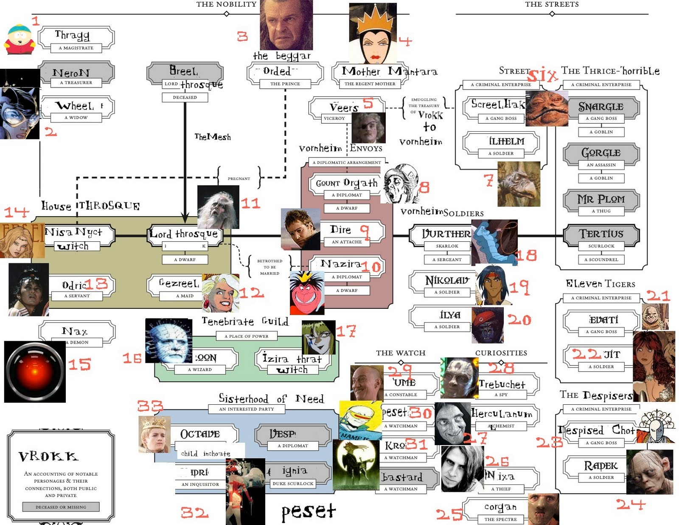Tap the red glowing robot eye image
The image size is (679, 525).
pos(35,372)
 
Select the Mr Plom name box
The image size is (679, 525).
pos(601,199)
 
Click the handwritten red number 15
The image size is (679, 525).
pos(80,364)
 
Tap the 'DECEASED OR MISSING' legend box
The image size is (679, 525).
pos(61,507)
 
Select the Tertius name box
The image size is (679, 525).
pos(601,234)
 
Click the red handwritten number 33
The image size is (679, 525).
pos(150,406)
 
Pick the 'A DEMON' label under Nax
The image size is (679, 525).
pos(79,342)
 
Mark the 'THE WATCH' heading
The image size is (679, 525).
pos(400,353)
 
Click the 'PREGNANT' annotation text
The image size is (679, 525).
pos(238,178)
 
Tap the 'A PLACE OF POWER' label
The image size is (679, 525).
pos(249,336)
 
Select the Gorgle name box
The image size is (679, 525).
pos(601,153)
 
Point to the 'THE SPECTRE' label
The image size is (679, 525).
pos(500,519)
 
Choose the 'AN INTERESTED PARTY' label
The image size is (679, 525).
pos(246,409)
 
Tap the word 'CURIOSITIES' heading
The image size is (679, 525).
pos(501,353)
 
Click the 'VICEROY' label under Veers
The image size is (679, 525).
pos(334,118)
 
